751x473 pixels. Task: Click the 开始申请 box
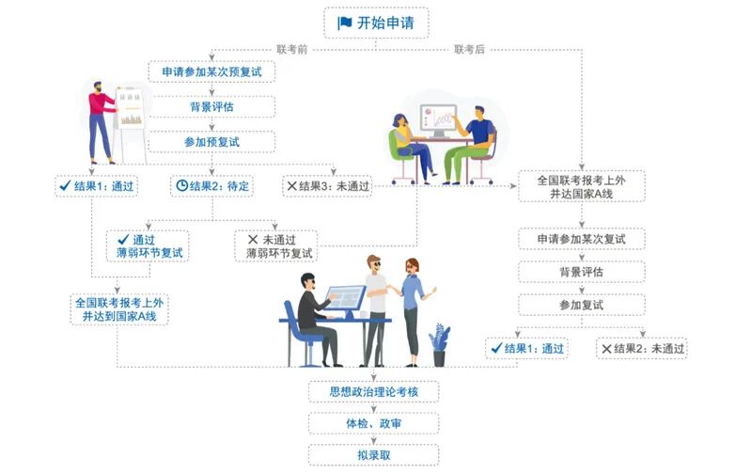[x=375, y=23]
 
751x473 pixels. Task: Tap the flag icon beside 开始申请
[x=345, y=23]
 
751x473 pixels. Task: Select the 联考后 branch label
[x=469, y=48]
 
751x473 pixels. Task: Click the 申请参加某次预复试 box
[x=211, y=72]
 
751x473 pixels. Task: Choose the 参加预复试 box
[x=211, y=142]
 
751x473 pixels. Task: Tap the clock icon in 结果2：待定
[x=181, y=185]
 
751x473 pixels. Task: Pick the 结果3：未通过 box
[x=327, y=185]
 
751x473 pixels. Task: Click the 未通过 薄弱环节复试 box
[x=275, y=245]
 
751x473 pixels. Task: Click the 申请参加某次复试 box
[x=582, y=239]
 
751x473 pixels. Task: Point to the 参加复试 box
[x=582, y=305]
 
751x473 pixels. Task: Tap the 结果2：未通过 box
[x=642, y=349]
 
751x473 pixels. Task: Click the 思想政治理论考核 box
[x=374, y=391]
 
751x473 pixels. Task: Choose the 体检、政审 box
[x=374, y=423]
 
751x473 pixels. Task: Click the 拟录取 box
[x=374, y=455]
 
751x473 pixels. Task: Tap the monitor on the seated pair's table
[x=437, y=120]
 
